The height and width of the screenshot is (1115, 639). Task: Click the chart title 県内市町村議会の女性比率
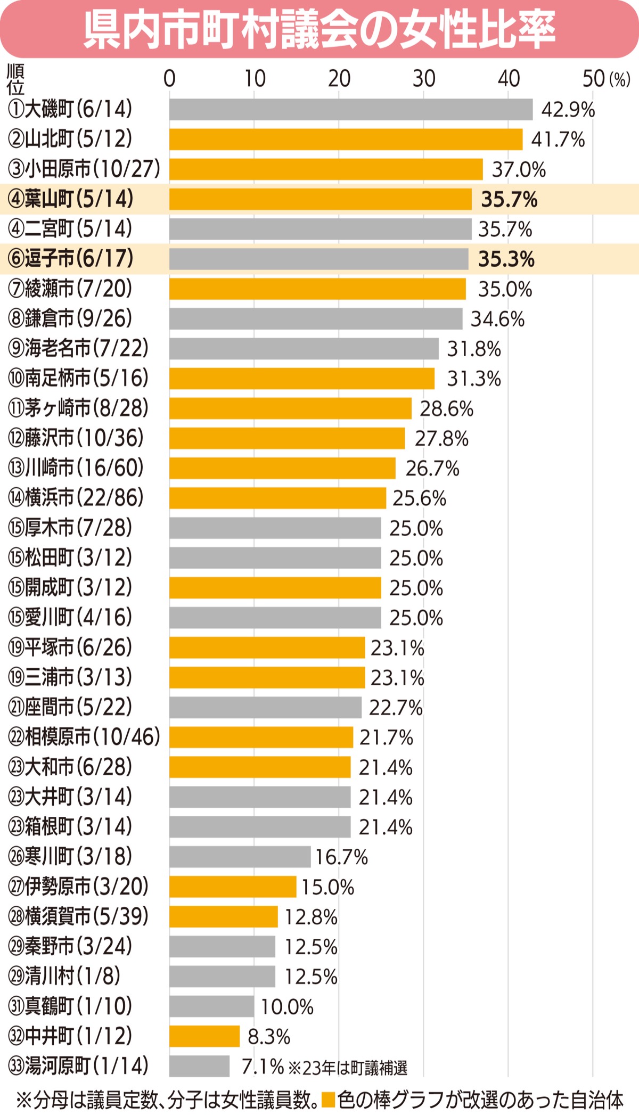319,29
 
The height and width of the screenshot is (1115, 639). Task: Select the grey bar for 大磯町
351,110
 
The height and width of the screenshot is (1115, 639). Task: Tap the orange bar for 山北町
346,140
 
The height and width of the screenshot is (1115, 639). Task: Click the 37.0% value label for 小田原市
519,170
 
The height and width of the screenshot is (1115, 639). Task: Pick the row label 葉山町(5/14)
70,199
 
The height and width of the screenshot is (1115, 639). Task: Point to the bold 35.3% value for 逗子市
506,259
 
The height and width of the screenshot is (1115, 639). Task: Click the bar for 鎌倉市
316,319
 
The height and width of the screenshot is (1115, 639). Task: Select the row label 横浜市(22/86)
76,498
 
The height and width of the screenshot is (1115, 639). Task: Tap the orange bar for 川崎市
282,468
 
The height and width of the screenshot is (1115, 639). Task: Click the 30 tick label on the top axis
424,79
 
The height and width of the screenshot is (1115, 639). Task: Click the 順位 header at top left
15,79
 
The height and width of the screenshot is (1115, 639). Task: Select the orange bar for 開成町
275,588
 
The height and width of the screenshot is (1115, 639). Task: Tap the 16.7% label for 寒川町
341,857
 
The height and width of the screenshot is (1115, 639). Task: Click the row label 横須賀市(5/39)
78,916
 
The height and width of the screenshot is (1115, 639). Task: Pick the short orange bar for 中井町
204,1036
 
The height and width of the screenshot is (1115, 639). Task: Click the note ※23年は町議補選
348,1067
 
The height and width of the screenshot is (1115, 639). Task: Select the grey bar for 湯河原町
199,1066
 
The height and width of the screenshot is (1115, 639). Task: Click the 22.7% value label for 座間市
396,708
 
